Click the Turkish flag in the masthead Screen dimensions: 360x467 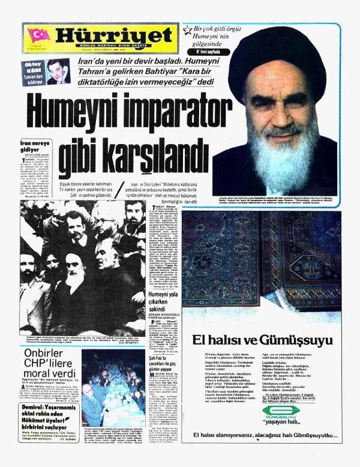pos(38,37)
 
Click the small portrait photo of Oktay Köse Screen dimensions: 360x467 pos(58,72)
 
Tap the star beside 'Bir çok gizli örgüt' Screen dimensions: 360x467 pos(187,30)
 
